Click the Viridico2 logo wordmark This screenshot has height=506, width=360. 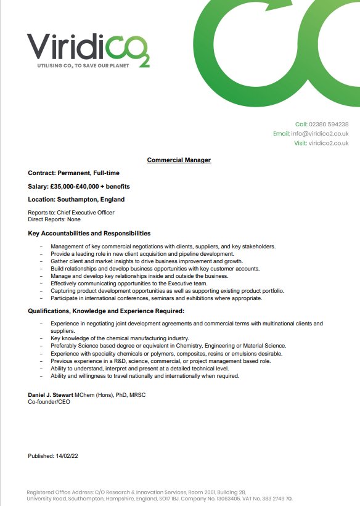(x=86, y=46)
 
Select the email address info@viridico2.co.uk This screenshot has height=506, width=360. (x=320, y=134)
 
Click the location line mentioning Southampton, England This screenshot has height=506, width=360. (x=76, y=200)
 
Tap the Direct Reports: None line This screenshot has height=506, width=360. (x=54, y=219)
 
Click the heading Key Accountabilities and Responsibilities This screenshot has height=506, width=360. (x=89, y=234)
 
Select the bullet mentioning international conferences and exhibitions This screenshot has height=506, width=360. (x=157, y=298)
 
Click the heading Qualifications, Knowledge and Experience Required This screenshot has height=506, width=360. (x=106, y=311)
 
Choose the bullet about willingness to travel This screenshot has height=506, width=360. (x=145, y=376)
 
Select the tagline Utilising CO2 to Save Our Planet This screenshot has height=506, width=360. (x=77, y=65)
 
